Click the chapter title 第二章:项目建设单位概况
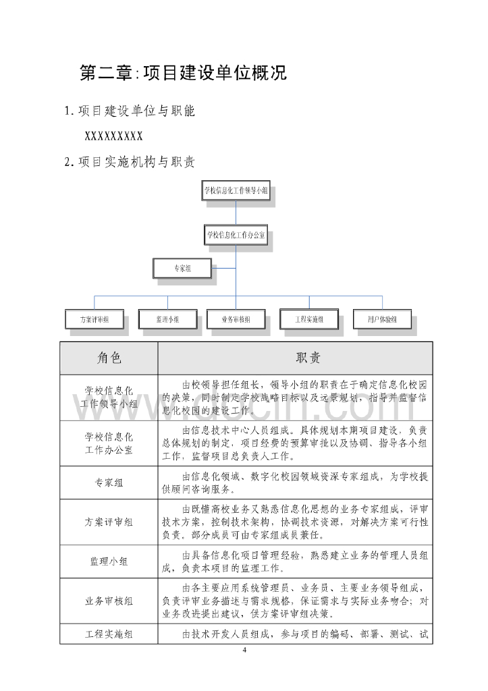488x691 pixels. (x=183, y=73)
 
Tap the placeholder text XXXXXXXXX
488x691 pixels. (x=113, y=136)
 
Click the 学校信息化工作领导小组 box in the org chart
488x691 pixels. (x=236, y=191)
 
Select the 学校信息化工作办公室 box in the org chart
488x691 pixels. (x=236, y=236)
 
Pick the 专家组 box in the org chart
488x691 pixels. (x=182, y=269)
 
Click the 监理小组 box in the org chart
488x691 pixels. (x=167, y=319)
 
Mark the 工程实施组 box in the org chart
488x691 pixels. (x=309, y=319)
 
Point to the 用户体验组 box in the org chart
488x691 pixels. (x=381, y=319)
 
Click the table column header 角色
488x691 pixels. (x=109, y=358)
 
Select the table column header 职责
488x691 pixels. (x=295, y=358)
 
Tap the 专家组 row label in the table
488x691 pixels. (x=109, y=482)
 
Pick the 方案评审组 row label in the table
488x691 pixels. (x=109, y=522)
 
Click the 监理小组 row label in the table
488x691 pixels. (x=109, y=561)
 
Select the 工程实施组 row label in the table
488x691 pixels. (x=109, y=634)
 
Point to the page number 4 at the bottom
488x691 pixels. (x=244, y=650)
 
